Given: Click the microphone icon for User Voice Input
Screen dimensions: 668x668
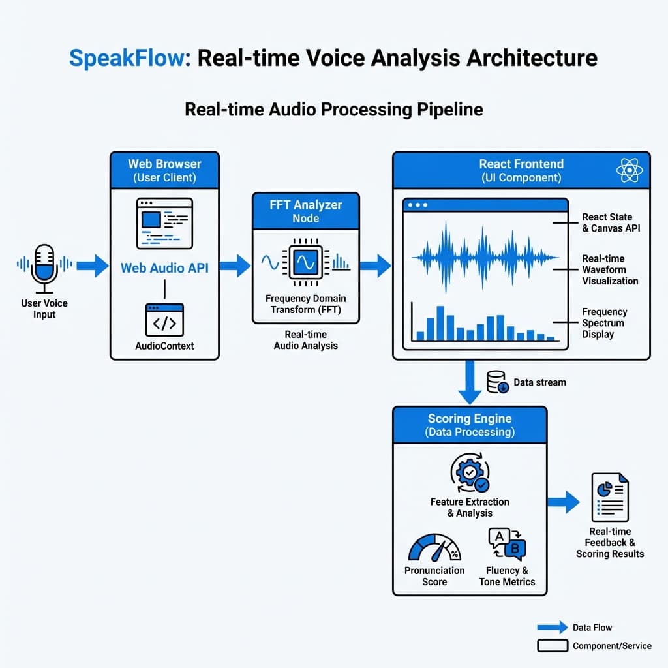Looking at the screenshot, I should point(45,267).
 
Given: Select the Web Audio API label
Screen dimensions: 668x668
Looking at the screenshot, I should point(164,268).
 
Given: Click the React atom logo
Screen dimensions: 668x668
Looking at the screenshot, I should point(629,170).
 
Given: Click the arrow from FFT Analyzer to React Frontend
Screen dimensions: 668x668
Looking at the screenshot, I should point(375,266).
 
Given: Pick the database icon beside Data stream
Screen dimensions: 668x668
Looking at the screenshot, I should point(497,382).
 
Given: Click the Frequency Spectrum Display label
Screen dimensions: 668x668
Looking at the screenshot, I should point(604,323).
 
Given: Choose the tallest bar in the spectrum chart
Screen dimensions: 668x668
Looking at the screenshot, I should point(440,323).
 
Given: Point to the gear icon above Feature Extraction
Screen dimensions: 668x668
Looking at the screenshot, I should point(470,475).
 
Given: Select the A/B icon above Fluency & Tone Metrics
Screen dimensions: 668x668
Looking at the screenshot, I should point(507,543).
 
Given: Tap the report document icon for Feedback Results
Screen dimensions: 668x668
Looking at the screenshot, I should point(610,497).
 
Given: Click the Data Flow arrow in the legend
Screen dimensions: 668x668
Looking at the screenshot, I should point(552,628).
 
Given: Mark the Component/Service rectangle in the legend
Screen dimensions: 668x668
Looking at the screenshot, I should point(552,646).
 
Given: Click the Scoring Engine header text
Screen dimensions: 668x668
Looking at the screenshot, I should point(470,419).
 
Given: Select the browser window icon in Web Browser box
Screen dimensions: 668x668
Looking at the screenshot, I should point(164,223).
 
